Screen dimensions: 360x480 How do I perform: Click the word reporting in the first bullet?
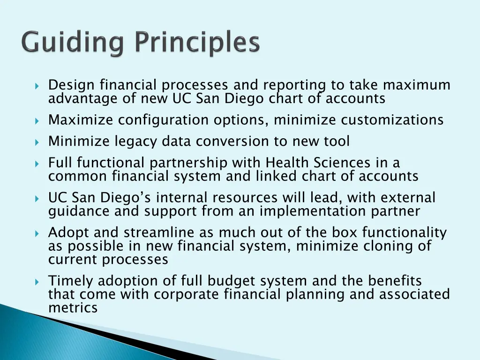(294, 85)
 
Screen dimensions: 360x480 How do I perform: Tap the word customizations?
(392, 120)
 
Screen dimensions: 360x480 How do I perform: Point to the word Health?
(287, 163)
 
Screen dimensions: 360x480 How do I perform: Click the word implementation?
(312, 211)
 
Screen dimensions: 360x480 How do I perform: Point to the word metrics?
(73, 308)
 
